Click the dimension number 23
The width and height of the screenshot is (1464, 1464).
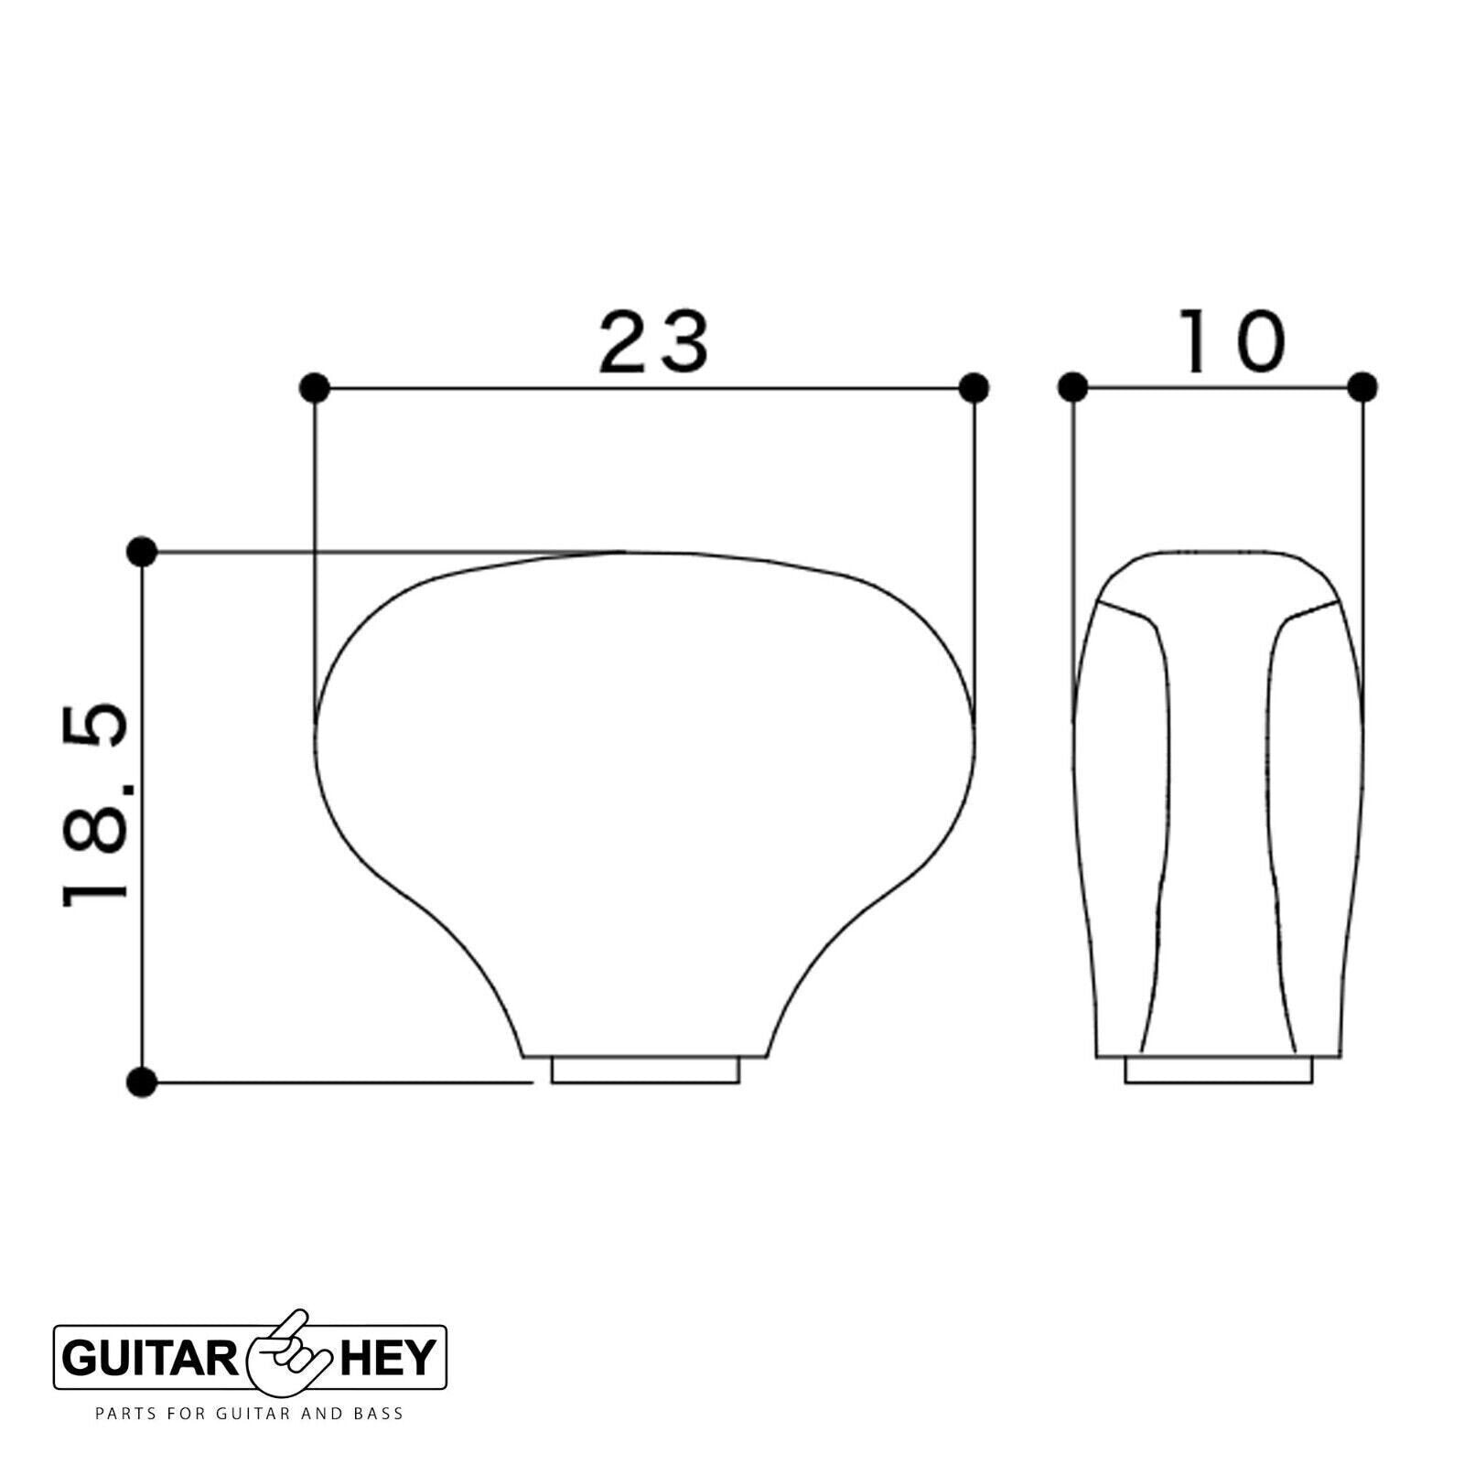[x=653, y=342]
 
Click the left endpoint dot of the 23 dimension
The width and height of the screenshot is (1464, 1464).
[x=315, y=388]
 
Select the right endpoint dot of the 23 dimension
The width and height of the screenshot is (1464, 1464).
[x=974, y=388]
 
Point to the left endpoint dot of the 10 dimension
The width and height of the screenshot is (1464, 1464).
[x=1072, y=388]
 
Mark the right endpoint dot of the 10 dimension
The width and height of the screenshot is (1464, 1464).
[x=1362, y=388]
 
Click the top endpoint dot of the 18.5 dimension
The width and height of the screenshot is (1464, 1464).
[x=142, y=552]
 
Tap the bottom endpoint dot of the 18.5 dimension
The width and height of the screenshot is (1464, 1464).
[x=142, y=1082]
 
